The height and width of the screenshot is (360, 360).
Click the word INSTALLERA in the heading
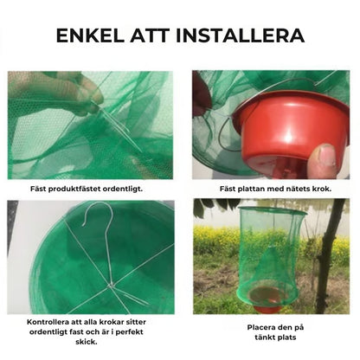pyautogui.click(x=240, y=35)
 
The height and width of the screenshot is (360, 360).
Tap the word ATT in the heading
pyautogui.click(x=150, y=35)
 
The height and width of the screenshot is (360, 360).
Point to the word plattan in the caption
pyautogui.click(x=252, y=189)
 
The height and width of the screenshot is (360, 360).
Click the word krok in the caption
pyautogui.click(x=322, y=189)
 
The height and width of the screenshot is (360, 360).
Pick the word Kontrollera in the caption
pyautogui.click(x=49, y=322)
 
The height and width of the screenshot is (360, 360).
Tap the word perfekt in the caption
pyautogui.click(x=129, y=332)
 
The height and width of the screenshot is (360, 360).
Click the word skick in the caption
pyautogui.click(x=87, y=342)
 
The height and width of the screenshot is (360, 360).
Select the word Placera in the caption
pyautogui.click(x=261, y=327)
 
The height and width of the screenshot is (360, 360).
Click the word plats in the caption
pyautogui.click(x=286, y=337)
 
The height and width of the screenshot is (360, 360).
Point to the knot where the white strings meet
pyautogui.click(x=110, y=286)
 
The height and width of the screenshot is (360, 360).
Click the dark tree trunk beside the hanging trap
pyautogui.click(x=330, y=254)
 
